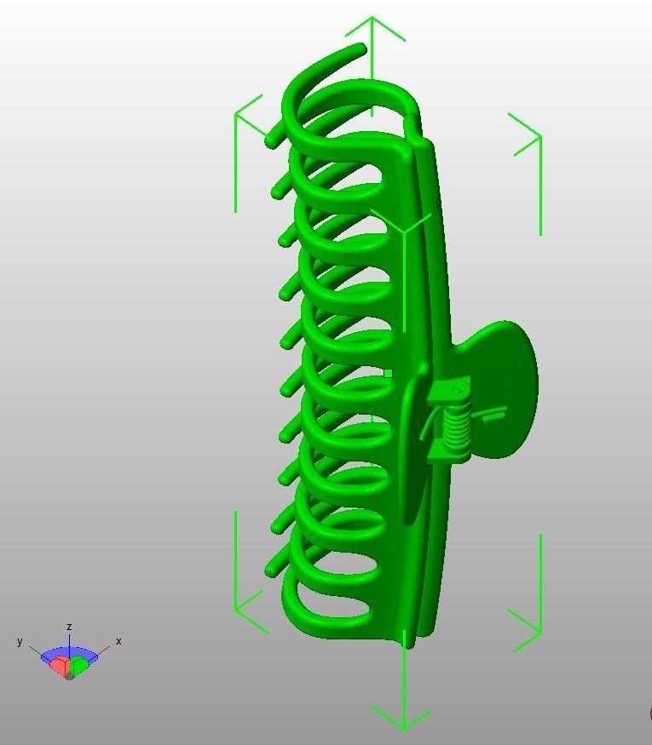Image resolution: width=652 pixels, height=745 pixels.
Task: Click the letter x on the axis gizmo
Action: click(118, 641)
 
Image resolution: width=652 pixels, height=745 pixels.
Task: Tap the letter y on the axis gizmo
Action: click(20, 641)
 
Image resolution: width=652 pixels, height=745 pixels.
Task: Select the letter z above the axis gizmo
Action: click(69, 627)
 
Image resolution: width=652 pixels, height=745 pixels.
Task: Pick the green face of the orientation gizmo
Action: click(79, 666)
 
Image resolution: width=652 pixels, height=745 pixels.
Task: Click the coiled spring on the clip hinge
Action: click(459, 424)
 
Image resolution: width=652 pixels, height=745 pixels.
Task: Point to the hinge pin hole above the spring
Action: click(457, 391)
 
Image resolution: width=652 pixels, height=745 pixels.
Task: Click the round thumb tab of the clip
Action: click(507, 375)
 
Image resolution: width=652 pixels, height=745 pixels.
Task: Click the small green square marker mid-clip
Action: click(389, 373)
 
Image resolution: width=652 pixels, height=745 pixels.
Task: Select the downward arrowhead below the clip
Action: click(403, 725)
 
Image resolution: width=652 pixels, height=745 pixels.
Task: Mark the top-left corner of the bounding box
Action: click(236, 114)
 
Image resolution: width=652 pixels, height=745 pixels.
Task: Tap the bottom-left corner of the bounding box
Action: click(236, 610)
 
